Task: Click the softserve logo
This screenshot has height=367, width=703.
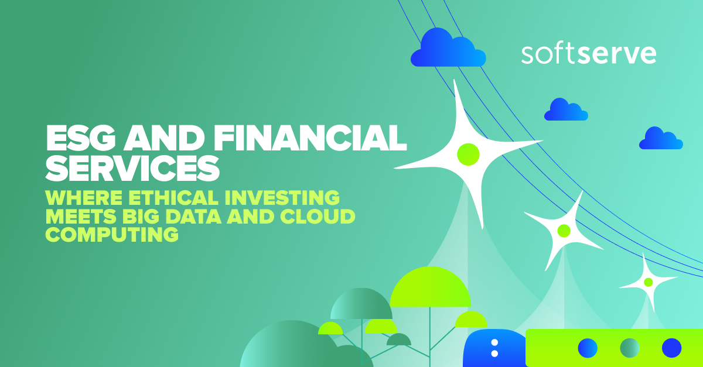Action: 588,53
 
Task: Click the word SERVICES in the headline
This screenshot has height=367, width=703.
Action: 132,168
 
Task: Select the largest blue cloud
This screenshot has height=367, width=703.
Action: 448,49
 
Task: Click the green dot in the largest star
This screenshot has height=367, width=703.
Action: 467,154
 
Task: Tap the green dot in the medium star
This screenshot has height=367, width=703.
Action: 564,231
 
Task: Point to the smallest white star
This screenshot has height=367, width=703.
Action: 648,282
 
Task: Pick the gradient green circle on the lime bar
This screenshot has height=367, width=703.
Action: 630,348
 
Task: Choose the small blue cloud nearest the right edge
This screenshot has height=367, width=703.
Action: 661,139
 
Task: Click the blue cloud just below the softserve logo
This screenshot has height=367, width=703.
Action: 565,111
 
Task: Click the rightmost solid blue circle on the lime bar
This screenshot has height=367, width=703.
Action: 671,348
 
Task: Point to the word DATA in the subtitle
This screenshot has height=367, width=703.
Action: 214,216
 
